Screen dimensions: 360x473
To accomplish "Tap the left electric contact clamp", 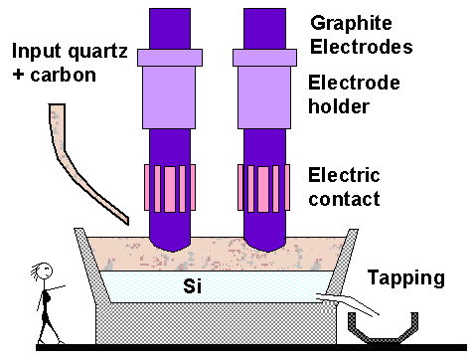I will [172, 185].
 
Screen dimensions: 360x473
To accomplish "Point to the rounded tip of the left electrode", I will [172, 240].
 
